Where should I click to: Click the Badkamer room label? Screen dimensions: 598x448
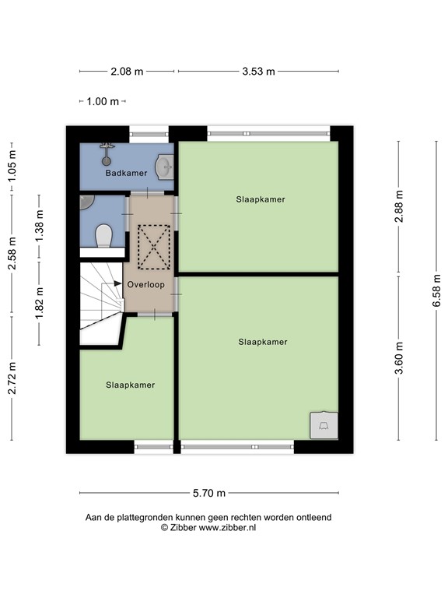click(126, 173)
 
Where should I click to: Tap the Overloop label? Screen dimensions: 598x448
click(145, 285)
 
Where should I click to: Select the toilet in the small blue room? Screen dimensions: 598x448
click(103, 234)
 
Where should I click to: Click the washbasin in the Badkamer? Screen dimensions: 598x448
click(164, 167)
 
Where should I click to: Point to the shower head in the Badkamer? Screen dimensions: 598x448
click(107, 148)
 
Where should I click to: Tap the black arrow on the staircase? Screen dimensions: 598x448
click(117, 284)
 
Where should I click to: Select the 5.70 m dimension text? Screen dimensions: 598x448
click(209, 493)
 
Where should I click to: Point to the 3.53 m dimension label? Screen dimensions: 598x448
click(258, 72)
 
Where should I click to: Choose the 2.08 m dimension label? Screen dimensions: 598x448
click(127, 72)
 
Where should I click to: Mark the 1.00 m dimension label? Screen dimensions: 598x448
click(103, 101)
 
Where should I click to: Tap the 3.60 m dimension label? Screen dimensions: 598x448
click(399, 358)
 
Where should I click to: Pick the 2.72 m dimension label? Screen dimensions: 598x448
click(12, 378)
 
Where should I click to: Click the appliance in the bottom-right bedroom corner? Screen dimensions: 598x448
click(323, 424)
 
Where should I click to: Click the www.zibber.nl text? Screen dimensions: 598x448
click(227, 527)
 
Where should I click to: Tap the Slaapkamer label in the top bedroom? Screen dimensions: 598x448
click(261, 199)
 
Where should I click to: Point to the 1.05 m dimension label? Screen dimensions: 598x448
click(12, 166)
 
